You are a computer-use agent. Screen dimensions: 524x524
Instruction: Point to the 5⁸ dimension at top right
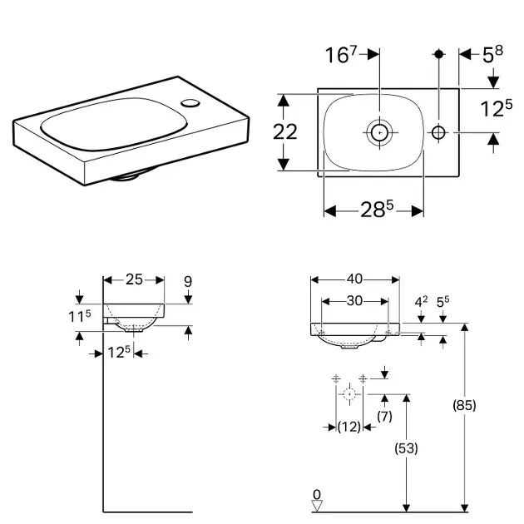492,56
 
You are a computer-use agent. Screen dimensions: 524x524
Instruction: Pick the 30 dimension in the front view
354,300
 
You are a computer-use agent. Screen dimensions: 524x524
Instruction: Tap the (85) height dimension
464,406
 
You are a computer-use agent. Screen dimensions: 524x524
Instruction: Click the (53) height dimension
406,447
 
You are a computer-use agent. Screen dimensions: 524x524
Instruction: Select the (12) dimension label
349,427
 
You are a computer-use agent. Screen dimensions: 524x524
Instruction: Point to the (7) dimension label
384,415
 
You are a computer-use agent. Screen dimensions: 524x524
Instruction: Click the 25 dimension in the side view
133,280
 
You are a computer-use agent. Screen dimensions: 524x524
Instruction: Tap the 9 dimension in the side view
188,281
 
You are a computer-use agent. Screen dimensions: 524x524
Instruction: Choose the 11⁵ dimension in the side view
79,317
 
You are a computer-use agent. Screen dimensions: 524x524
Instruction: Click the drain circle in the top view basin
379,131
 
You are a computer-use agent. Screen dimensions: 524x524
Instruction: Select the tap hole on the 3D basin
192,103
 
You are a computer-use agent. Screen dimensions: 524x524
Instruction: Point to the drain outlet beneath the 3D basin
127,175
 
